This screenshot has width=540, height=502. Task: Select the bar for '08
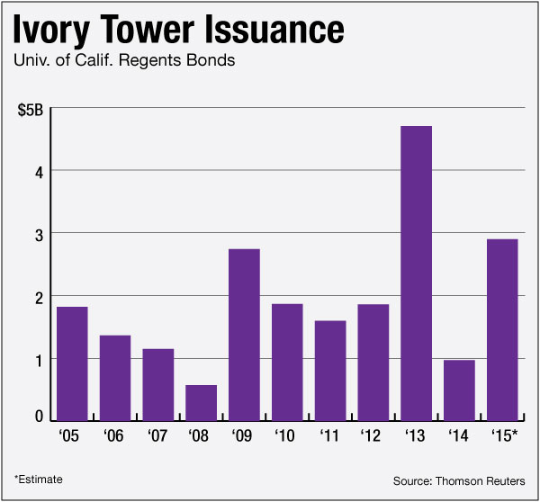click(201, 403)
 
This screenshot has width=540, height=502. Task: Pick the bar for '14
click(459, 390)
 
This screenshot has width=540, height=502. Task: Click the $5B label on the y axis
click(31, 111)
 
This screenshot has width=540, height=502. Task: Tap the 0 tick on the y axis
click(40, 417)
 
